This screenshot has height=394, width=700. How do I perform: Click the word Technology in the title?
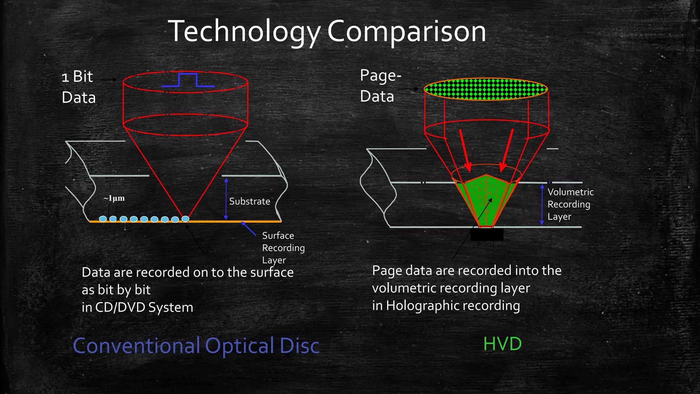(x=244, y=32)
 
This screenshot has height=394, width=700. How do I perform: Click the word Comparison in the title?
(x=406, y=32)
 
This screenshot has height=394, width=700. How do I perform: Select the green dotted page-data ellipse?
(x=486, y=89)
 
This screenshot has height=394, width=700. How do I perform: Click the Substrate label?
(x=250, y=201)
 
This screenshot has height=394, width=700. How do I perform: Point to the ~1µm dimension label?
(x=114, y=198)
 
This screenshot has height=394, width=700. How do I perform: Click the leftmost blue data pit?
(x=103, y=219)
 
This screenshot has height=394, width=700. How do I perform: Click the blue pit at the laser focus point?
(x=185, y=219)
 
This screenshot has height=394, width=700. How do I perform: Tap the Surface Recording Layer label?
(x=283, y=248)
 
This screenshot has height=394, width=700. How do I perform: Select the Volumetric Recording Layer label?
(x=570, y=204)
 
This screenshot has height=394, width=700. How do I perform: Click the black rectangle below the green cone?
(x=487, y=235)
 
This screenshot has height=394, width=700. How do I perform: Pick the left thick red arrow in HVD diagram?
(x=465, y=150)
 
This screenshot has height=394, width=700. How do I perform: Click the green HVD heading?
(x=502, y=344)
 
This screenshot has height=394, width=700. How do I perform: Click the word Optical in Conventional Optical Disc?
(x=239, y=346)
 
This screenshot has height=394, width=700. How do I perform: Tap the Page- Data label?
(x=380, y=86)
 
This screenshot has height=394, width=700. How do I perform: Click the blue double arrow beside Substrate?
(x=226, y=199)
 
